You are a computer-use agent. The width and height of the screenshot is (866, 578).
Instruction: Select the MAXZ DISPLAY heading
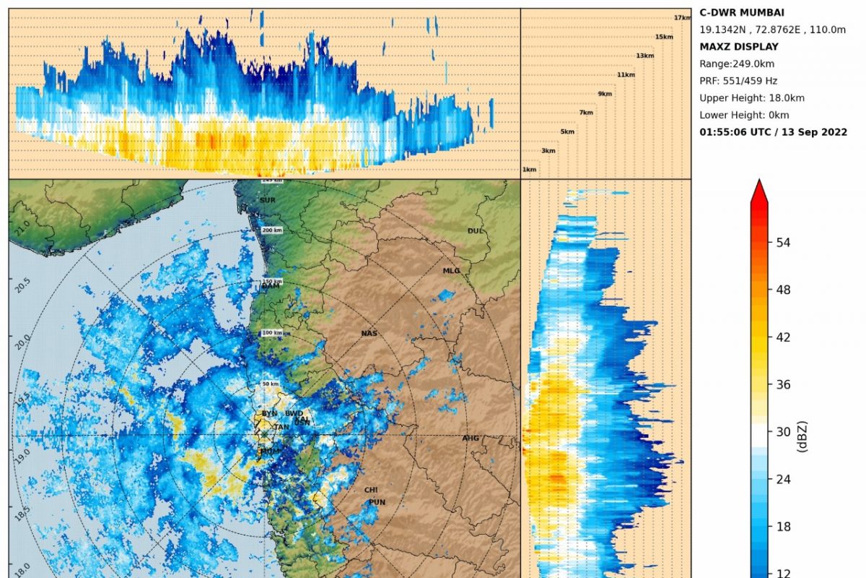click(739, 47)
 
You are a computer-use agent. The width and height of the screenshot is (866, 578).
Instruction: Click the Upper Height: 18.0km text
click(751, 98)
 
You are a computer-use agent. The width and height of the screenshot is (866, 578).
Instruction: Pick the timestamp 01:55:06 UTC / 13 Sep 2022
click(773, 132)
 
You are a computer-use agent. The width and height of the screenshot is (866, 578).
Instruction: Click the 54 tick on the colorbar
click(783, 243)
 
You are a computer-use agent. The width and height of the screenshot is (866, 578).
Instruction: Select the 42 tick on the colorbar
click(783, 337)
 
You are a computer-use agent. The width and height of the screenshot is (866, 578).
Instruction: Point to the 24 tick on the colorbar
click(783, 480)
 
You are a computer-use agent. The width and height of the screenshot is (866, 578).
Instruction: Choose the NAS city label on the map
click(369, 334)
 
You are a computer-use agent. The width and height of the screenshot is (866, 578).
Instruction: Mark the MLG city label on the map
click(451, 271)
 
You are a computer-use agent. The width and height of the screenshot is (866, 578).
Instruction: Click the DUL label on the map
click(475, 231)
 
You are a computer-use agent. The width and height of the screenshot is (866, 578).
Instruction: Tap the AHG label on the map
click(471, 439)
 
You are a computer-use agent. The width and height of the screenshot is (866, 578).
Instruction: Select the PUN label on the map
click(377, 502)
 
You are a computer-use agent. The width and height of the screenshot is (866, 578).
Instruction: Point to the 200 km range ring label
click(271, 230)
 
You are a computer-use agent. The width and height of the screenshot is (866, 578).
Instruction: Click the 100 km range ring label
click(271, 333)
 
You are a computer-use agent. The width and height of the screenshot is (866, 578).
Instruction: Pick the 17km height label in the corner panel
click(682, 18)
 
